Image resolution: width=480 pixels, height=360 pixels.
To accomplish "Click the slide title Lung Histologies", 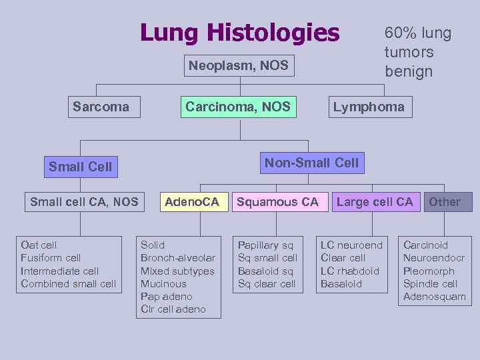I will click(x=239, y=32).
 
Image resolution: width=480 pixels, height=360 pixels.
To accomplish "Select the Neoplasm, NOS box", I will click(x=238, y=65).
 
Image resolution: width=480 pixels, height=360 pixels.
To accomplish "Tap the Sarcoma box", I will click(x=101, y=107).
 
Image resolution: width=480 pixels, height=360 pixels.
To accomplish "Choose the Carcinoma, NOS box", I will click(x=238, y=107).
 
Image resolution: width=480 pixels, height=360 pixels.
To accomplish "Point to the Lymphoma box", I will click(x=369, y=107).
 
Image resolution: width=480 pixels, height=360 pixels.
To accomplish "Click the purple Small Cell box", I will click(x=81, y=167).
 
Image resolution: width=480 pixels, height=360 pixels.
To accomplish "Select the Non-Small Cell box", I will click(x=311, y=163).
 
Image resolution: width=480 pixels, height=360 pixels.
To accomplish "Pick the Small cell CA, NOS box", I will click(x=84, y=202).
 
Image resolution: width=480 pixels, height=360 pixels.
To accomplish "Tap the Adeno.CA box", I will click(x=191, y=202).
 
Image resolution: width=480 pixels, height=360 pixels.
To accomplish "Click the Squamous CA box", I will click(x=278, y=202).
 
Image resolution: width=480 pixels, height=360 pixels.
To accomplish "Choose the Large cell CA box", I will click(x=375, y=202).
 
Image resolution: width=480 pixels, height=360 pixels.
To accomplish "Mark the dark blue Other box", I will click(x=445, y=202).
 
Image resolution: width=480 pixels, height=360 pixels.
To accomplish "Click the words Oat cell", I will click(x=39, y=245).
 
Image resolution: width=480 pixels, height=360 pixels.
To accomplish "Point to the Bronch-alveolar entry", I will click(x=178, y=258).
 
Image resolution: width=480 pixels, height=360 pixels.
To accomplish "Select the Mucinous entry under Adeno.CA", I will click(x=163, y=284).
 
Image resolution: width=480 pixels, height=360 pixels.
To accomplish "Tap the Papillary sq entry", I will click(x=265, y=245).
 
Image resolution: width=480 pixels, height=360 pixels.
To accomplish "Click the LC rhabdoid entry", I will click(x=350, y=271).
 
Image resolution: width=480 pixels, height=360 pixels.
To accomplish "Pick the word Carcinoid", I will click(x=425, y=245).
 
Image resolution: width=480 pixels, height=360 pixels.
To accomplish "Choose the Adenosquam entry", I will click(x=435, y=297).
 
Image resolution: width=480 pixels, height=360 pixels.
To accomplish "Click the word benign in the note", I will click(x=409, y=71).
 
